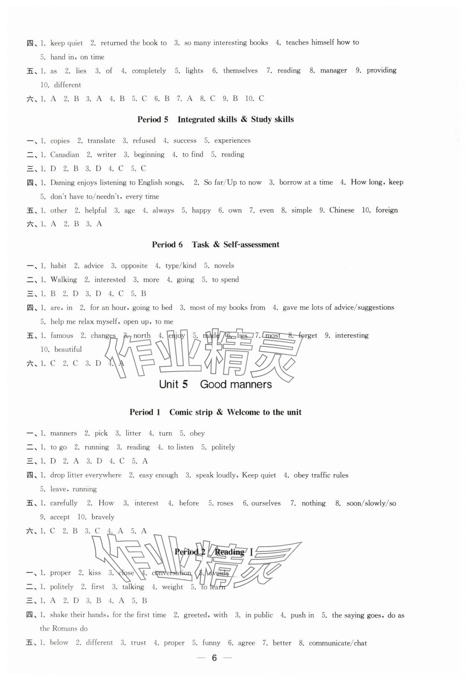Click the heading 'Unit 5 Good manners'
215,384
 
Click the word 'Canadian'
64,155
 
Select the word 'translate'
101,141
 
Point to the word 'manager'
333,70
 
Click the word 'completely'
149,71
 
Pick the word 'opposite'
134,266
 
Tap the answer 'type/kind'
181,266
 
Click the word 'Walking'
64,280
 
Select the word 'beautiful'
68,349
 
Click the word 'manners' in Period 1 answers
63,433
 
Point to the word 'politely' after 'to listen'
223,447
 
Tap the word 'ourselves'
266,503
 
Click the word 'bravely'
103,517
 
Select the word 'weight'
172,587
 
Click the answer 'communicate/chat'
338,643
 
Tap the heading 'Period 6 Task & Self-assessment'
215,245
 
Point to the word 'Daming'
63,183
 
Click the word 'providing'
381,70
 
